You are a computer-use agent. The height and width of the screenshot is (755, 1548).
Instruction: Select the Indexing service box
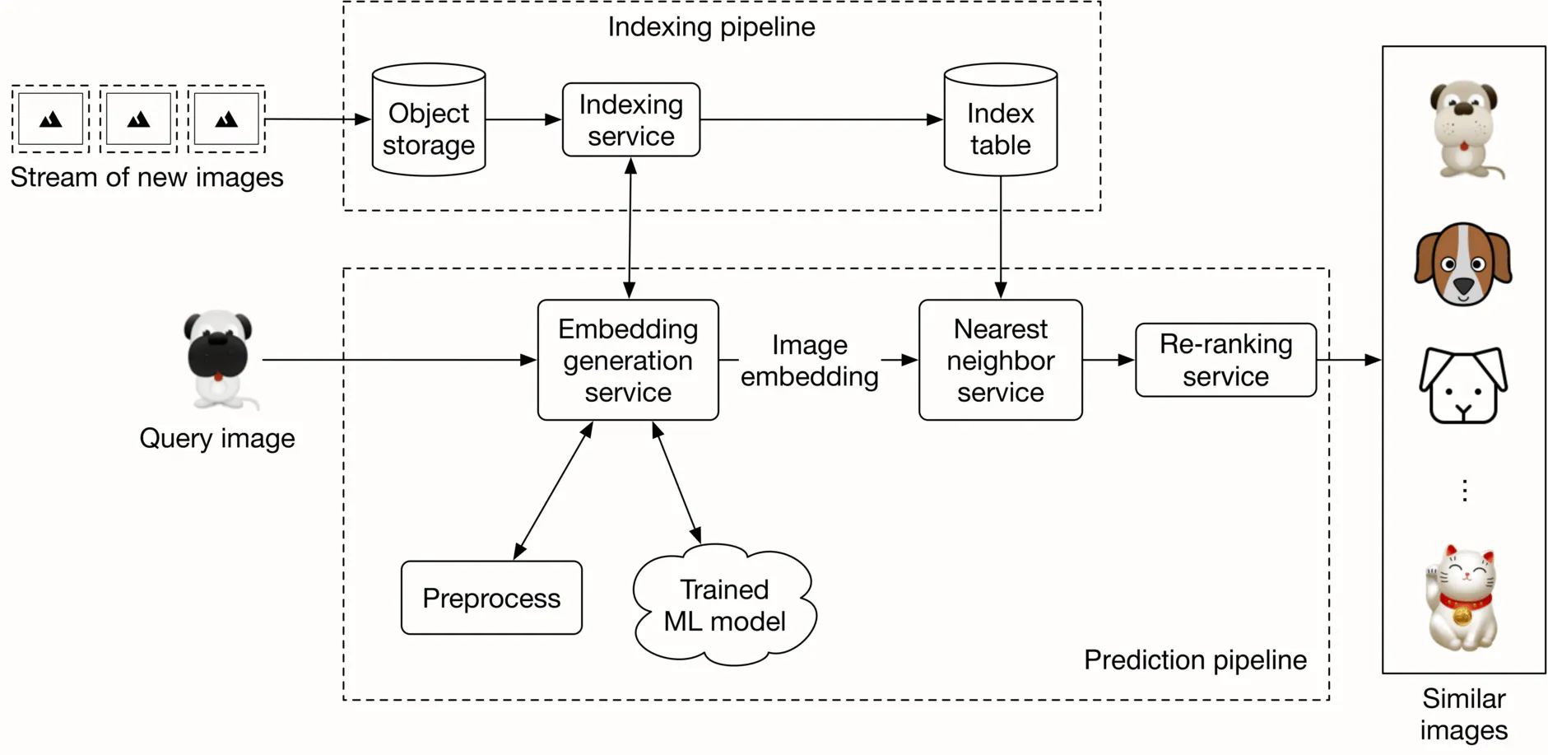click(631, 120)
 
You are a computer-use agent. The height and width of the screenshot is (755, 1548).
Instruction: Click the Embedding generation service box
click(628, 360)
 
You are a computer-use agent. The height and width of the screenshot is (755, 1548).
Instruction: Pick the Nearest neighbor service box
click(1000, 360)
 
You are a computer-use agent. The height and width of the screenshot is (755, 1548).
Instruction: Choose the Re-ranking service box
click(1225, 360)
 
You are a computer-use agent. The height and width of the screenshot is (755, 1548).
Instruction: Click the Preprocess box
click(491, 598)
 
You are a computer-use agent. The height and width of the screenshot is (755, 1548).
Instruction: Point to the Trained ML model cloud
click(724, 605)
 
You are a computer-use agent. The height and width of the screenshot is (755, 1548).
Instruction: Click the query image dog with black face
click(218, 358)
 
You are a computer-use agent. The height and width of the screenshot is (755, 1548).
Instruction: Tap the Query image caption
click(217, 438)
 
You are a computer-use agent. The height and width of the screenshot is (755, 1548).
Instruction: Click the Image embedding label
click(809, 360)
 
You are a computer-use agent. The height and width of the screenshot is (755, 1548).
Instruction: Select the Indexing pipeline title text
click(711, 26)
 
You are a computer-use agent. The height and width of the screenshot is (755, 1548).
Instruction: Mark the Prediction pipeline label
click(1195, 659)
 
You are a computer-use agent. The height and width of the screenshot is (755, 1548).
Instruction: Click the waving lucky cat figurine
click(1462, 598)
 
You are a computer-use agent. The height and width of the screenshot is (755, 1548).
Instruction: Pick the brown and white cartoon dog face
click(1462, 264)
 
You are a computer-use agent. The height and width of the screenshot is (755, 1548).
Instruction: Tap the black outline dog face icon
click(1462, 385)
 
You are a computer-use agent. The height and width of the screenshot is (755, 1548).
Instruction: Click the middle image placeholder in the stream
click(138, 119)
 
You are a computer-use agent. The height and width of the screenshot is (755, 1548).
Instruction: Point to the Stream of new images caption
click(146, 177)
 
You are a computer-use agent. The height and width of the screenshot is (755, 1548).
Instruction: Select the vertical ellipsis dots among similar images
click(1464, 491)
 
